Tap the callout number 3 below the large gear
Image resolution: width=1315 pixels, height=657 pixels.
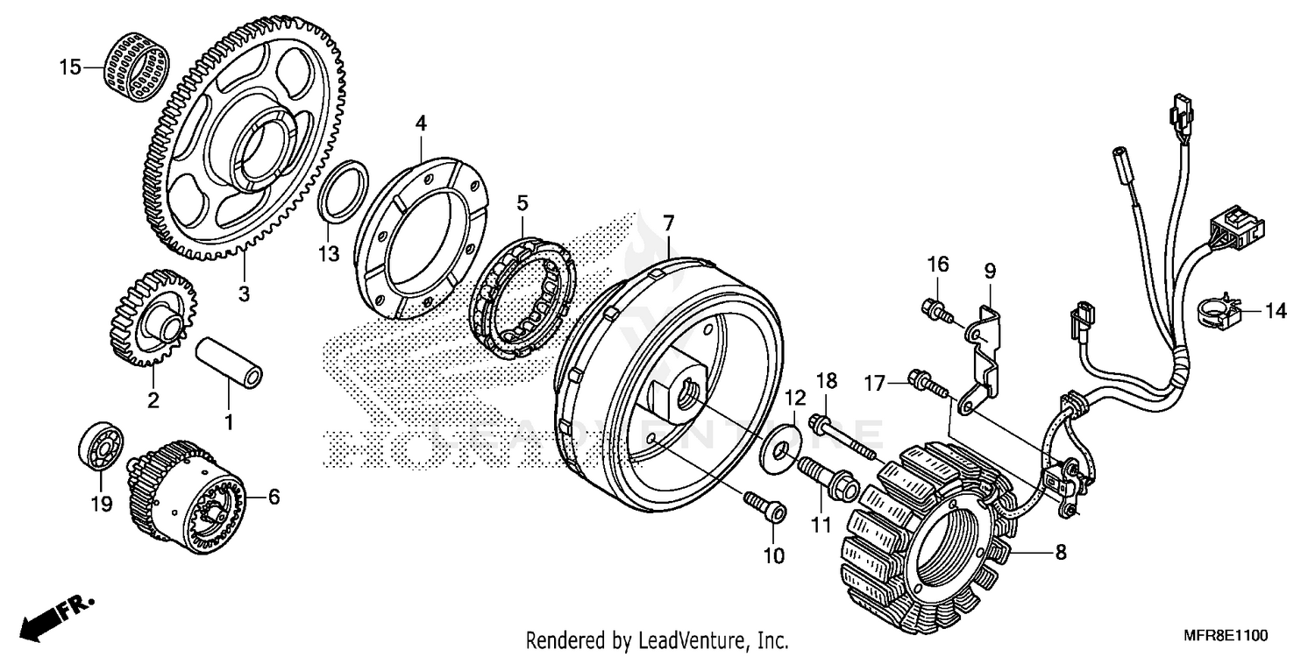point(244,293)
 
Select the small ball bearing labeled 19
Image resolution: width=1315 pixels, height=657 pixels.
point(101,449)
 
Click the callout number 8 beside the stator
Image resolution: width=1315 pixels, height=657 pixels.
point(1060,553)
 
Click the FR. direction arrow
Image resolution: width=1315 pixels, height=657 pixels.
point(53,614)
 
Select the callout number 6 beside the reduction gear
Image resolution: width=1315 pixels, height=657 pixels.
point(274,498)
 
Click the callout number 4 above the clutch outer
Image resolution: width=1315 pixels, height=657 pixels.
point(421,124)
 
